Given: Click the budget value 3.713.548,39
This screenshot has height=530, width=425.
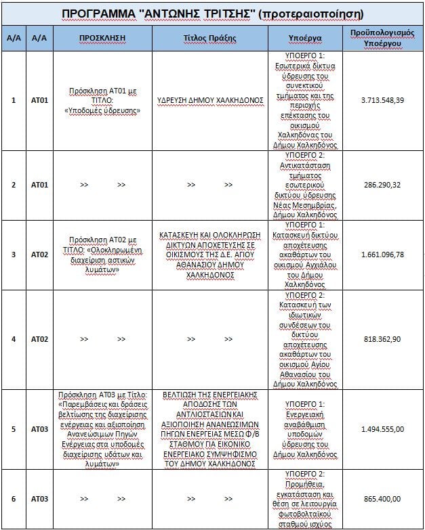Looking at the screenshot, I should click(383, 100).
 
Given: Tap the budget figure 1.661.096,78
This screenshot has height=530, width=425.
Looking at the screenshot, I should click(383, 255).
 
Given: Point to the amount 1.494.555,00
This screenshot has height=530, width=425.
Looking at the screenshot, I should click(383, 428).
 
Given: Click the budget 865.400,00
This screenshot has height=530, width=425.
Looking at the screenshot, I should click(383, 499).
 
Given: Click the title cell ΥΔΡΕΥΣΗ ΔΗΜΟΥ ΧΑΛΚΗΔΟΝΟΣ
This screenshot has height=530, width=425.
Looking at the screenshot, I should click(210, 100).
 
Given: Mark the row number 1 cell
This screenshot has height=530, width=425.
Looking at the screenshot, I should click(14, 100).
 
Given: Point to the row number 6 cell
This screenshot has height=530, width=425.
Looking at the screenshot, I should click(14, 499).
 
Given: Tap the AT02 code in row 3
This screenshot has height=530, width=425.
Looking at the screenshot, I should click(39, 255).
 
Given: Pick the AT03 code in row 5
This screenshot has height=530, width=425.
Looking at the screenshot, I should click(39, 428).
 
